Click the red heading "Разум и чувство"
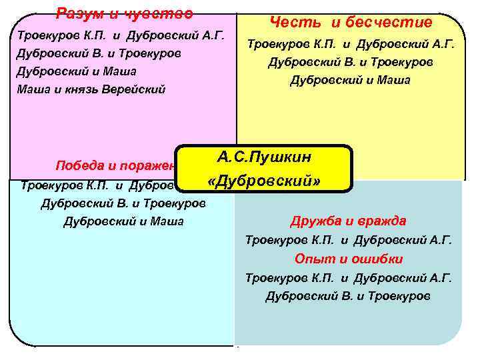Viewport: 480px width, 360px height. pos(125,13)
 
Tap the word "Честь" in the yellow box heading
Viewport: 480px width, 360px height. pos(291,23)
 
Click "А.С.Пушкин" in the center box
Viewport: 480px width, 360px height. pos(264,158)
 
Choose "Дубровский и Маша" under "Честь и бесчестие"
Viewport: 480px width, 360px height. pos(351,81)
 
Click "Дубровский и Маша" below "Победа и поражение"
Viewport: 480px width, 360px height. pos(123,221)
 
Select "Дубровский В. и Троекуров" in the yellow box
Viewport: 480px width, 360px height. pos(351,63)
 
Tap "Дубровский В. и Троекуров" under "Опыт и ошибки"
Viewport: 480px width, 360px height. pos(348,295)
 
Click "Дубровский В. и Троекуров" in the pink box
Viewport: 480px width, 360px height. pos(99,53)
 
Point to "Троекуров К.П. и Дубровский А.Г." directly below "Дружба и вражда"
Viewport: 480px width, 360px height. pos(349,239)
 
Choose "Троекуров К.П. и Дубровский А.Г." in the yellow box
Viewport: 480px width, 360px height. pos(351,45)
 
